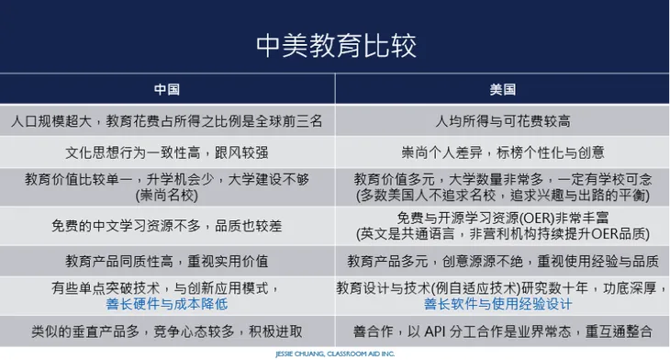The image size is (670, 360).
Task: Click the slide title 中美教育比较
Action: (x=335, y=43)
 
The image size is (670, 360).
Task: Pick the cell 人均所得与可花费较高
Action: (x=502, y=120)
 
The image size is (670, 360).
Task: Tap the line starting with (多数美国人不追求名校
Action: (x=502, y=195)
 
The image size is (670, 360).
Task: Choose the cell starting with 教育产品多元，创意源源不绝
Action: (x=502, y=261)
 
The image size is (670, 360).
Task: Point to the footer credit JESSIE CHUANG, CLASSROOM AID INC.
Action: (x=335, y=352)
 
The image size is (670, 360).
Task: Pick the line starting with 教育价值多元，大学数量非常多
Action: (x=502, y=179)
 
